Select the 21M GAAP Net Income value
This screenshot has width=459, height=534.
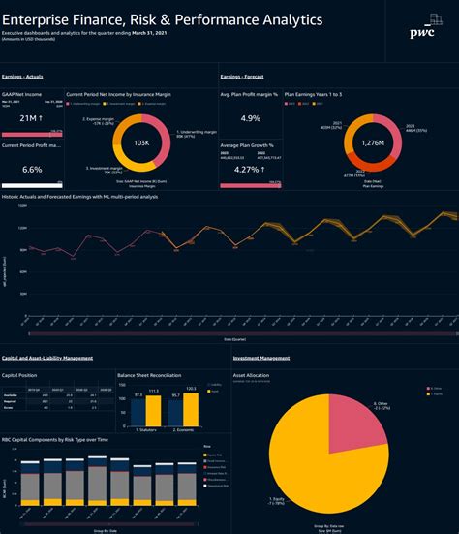click(x=31, y=117)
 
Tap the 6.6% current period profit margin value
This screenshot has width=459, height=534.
click(x=31, y=169)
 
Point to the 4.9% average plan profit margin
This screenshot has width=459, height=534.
click(x=250, y=118)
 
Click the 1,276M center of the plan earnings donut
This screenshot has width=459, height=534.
click(x=345, y=143)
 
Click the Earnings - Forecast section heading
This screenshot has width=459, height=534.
click(x=244, y=75)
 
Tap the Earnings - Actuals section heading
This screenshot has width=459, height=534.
click(x=28, y=75)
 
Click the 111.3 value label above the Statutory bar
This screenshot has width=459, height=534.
click(x=153, y=390)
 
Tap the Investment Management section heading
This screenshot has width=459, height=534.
click(x=261, y=358)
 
